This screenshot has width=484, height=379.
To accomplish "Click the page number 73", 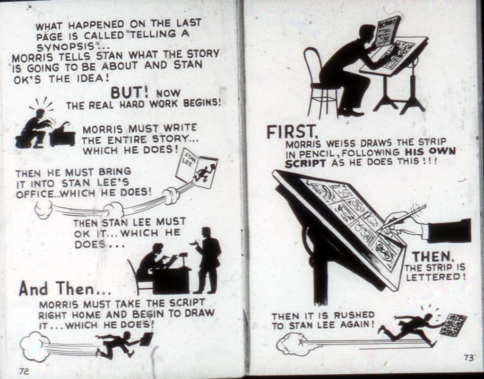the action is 468,358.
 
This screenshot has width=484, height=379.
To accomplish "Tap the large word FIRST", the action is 292,132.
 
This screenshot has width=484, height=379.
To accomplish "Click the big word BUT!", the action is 130,92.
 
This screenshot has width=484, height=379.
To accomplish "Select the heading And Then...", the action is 64,289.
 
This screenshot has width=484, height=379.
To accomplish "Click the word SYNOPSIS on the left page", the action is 67,46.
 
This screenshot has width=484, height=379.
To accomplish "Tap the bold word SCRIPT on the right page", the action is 305,163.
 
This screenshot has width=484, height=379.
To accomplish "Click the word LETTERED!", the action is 435,277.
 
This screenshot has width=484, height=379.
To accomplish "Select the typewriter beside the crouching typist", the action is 62,135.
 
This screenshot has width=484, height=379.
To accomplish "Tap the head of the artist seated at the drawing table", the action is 368,33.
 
